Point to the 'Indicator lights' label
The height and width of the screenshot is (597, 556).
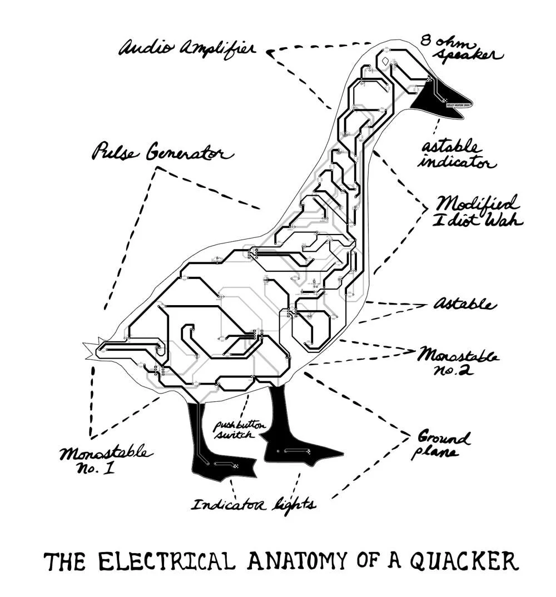coord(254,505)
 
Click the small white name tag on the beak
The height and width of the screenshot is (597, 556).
coord(459,104)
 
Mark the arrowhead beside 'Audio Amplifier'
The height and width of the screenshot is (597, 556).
coord(271,53)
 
